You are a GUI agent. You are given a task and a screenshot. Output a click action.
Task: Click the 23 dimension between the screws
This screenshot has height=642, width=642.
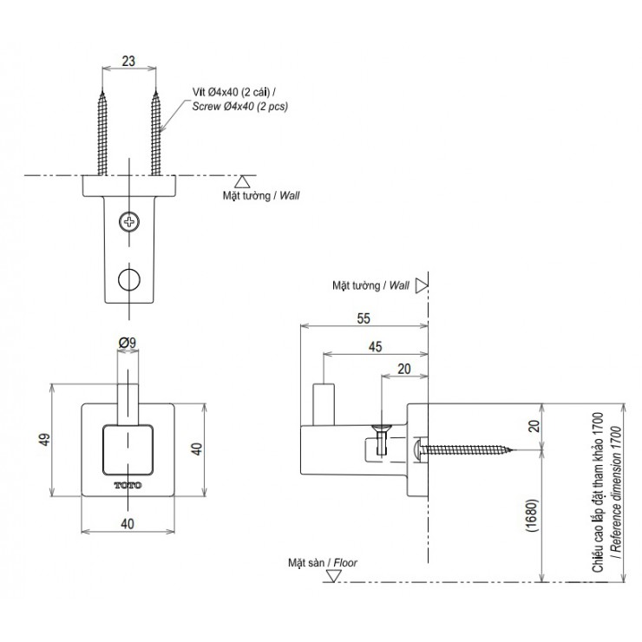pos(128,62)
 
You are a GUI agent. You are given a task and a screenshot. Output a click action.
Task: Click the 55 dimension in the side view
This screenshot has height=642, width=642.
pos(364,318)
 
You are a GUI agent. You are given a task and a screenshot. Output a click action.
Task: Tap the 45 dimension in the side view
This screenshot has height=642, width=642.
pos(375,346)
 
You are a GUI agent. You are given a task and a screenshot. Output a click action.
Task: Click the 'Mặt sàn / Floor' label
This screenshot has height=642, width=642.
pos(322,562)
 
